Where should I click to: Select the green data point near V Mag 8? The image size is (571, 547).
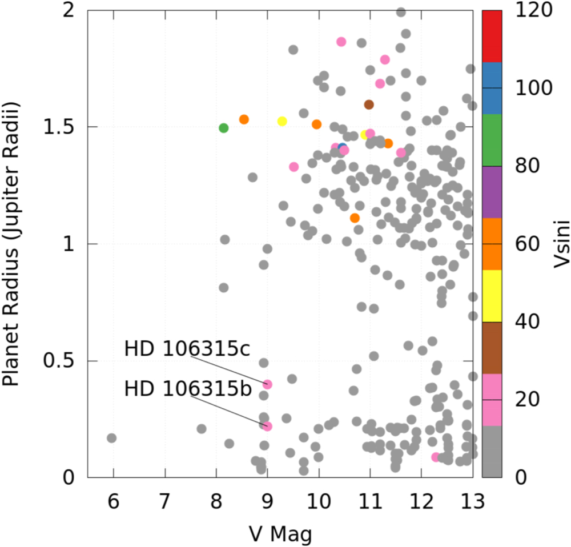point(224,128)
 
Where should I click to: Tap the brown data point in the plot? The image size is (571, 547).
point(369,104)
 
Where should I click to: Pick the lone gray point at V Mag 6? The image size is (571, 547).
point(111,438)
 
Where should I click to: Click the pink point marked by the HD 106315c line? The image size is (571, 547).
point(267,384)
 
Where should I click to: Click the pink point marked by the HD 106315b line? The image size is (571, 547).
point(267,426)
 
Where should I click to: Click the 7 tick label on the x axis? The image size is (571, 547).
point(165,502)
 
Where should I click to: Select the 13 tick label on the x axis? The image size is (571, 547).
point(473,502)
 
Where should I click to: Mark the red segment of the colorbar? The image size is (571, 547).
point(492,36)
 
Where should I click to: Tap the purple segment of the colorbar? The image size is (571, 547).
point(492,192)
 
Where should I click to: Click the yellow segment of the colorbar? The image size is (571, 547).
point(492,296)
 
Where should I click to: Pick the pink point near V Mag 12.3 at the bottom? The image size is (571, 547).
point(436,457)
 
